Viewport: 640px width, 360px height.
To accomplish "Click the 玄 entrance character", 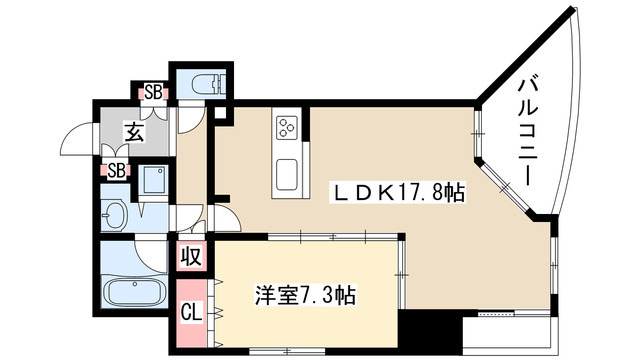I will [132, 130].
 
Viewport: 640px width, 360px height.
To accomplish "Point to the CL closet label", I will [188, 311].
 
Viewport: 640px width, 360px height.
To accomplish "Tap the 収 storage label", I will [190, 256].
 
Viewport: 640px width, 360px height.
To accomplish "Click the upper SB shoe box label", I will [154, 92].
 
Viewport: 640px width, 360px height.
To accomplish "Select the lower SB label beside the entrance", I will [116, 170].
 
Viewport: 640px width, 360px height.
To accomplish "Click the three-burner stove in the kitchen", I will [287, 127].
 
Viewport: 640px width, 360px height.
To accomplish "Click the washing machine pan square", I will [155, 181].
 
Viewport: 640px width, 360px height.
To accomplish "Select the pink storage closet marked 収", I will [190, 256].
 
